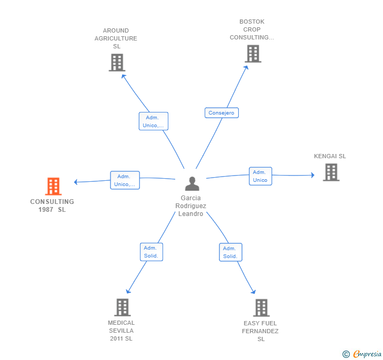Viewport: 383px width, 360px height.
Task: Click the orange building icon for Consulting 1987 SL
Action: (53, 186)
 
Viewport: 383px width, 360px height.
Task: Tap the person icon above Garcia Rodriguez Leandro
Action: (192, 183)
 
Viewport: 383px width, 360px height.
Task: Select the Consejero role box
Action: (221, 113)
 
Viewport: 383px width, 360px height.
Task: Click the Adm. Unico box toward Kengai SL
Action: (260, 176)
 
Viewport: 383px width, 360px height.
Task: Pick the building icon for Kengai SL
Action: (331, 172)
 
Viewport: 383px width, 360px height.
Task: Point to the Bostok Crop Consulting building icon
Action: (253, 54)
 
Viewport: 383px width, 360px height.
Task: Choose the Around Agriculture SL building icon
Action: (117, 63)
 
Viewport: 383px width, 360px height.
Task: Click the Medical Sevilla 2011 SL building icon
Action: (123, 307)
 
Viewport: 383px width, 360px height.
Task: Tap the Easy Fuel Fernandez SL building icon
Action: (261, 308)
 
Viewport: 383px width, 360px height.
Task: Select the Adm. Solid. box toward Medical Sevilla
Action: (152, 252)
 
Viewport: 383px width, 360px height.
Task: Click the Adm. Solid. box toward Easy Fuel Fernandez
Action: (230, 252)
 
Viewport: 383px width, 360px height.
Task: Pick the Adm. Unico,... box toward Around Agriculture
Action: (154, 121)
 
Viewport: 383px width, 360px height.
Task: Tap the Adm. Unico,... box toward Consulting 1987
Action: (125, 180)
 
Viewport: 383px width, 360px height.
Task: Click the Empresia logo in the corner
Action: (362, 354)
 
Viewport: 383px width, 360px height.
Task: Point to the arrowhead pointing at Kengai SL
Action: (313, 175)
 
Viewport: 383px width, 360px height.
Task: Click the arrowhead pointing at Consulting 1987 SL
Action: (76, 182)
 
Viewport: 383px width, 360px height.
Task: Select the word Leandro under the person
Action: (190, 214)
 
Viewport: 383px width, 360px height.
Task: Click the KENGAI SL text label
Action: (330, 156)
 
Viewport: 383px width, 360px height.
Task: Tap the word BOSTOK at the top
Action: (252, 22)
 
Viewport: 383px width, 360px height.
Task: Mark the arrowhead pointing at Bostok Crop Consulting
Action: (246, 68)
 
